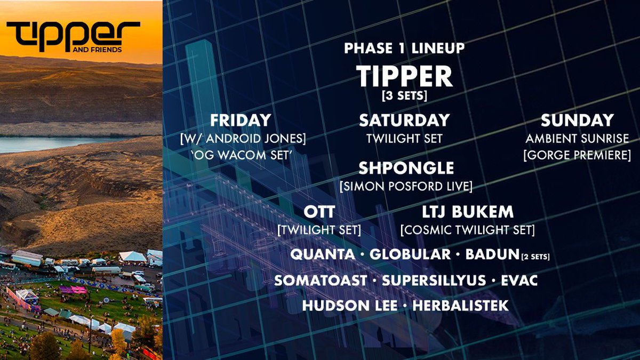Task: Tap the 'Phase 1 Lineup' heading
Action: [x=404, y=48]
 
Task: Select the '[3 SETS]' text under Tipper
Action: [x=404, y=95]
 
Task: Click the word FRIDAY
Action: [x=241, y=120]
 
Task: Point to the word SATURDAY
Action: [x=404, y=120]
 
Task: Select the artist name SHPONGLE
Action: [x=406, y=169]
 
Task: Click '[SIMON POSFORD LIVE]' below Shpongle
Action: [x=406, y=186]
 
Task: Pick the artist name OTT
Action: [x=319, y=212]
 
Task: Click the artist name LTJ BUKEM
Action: [x=467, y=212]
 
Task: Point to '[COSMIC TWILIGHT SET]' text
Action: [x=467, y=230]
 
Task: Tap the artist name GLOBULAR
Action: [x=410, y=254]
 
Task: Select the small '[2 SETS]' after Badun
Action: [x=535, y=257]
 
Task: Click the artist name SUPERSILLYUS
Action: [x=434, y=280]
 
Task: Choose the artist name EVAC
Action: [x=519, y=280]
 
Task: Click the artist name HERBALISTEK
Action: [x=460, y=306]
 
